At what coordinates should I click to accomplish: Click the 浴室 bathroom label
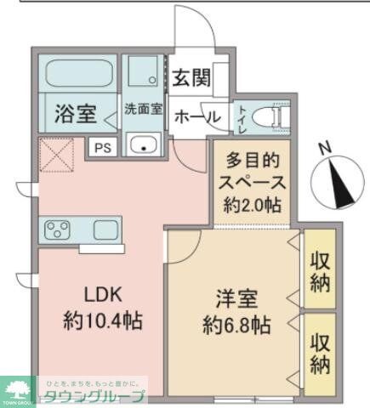tap(75, 113)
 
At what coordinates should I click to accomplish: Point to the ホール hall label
tap(197, 117)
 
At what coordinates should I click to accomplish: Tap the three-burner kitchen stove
tap(58, 230)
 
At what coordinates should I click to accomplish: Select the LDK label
tap(104, 295)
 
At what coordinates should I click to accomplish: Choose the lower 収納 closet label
tap(320, 354)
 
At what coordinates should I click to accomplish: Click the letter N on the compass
tap(324, 147)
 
